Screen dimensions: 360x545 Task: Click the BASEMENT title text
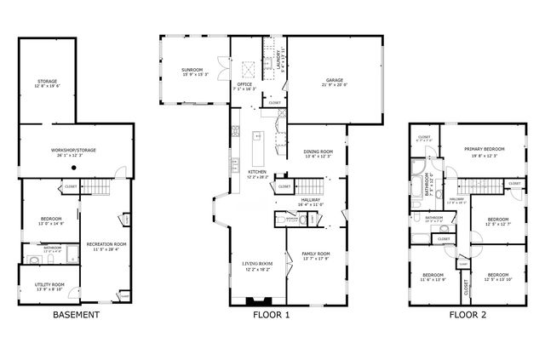76,315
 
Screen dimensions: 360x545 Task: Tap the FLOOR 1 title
271,315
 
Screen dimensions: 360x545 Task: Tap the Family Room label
316,254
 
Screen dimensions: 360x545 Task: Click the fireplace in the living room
255,300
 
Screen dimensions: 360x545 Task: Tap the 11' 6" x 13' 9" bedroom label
433,277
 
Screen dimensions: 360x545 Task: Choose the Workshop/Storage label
73,151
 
